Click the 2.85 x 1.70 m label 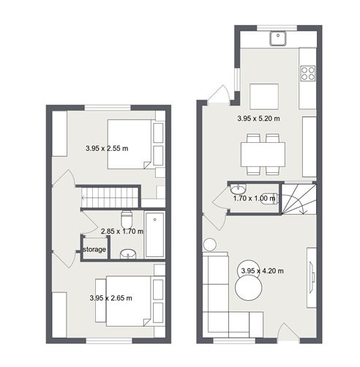click(x=121, y=231)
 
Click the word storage click(x=94, y=250)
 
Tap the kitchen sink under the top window click(x=278, y=38)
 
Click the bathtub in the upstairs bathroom click(x=154, y=235)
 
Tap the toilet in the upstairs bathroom click(x=127, y=218)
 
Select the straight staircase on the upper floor click(x=109, y=197)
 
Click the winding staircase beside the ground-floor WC click(x=299, y=201)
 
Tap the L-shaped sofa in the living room click(x=223, y=300)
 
